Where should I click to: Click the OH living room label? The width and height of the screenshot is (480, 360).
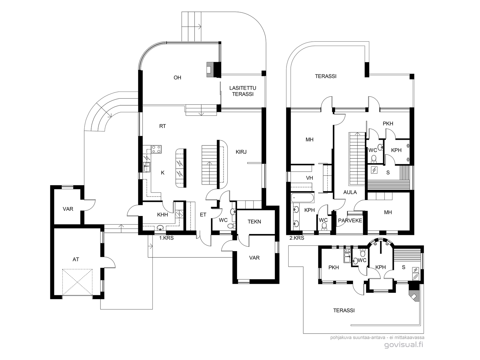(177, 78)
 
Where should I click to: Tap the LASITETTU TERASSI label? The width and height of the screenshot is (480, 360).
(243, 91)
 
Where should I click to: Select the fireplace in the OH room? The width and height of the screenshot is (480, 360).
(214, 70)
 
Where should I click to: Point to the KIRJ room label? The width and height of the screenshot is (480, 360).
(241, 152)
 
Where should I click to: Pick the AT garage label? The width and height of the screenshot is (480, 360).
(76, 259)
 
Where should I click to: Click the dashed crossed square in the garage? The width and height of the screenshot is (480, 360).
(77, 282)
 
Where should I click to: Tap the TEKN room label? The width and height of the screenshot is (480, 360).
(254, 222)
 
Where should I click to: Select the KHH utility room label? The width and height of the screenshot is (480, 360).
(163, 214)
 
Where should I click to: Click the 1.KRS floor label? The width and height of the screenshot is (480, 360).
(166, 238)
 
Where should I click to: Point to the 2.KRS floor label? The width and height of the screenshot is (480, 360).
(297, 238)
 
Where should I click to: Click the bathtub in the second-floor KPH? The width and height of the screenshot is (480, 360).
(302, 198)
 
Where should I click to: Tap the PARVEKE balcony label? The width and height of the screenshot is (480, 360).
(350, 220)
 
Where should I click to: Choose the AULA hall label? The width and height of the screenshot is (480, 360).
(350, 192)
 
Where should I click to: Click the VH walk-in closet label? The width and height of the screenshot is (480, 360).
(309, 178)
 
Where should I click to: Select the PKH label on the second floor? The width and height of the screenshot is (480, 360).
(388, 124)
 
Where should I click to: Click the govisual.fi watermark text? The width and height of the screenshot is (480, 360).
(404, 345)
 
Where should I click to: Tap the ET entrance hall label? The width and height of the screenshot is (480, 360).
(203, 214)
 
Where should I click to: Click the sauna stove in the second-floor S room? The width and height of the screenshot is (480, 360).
(374, 170)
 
